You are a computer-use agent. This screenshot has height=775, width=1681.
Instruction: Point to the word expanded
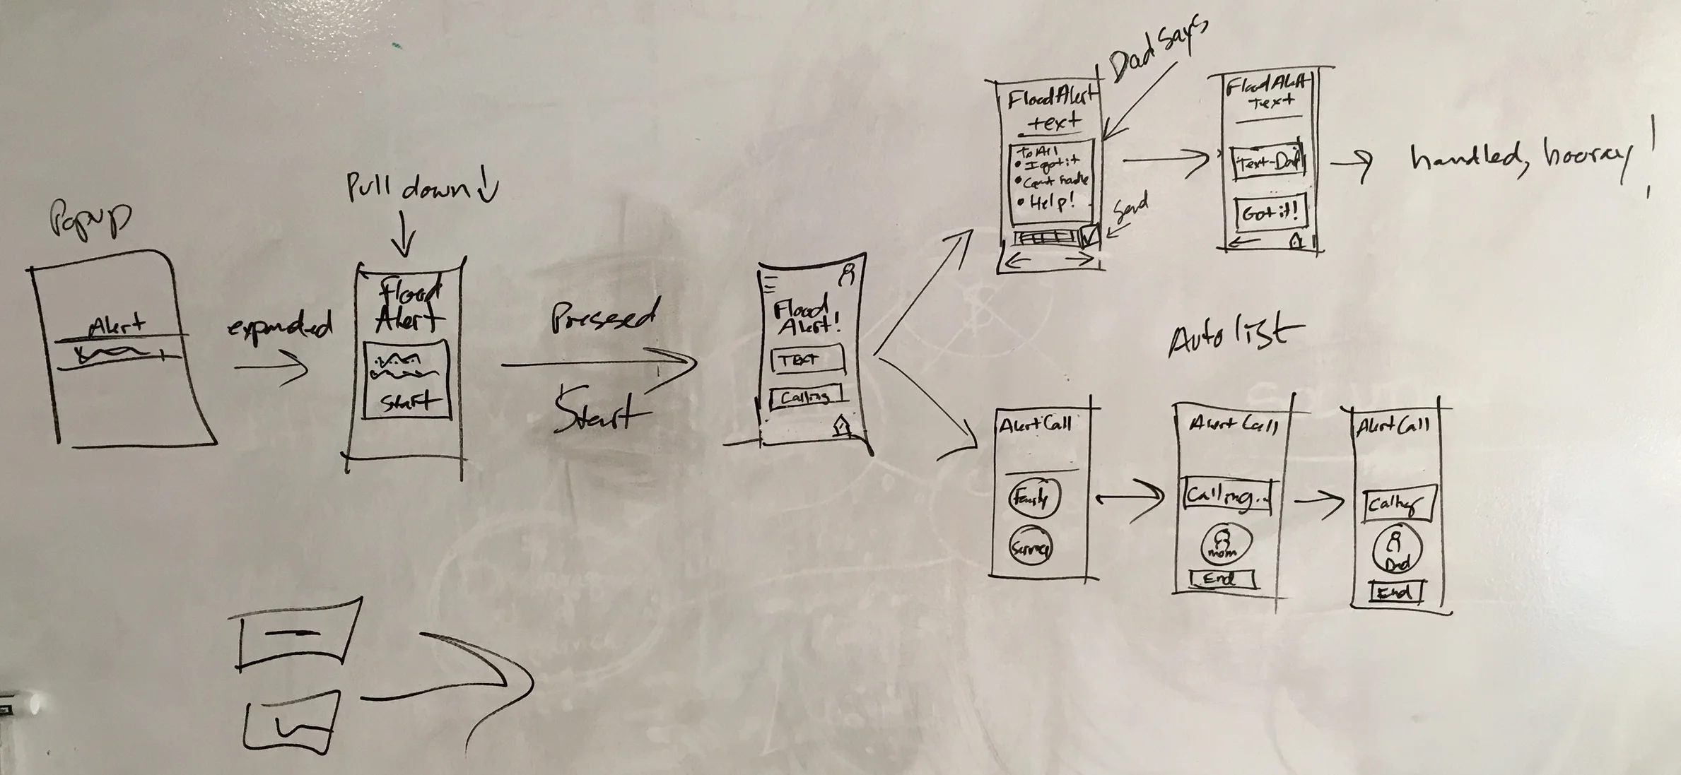(x=280, y=328)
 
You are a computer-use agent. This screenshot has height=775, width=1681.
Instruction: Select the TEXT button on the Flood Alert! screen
(x=806, y=360)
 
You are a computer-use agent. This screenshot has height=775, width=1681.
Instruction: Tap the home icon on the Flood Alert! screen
(x=842, y=427)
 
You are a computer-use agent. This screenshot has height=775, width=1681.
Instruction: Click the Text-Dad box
(x=1267, y=163)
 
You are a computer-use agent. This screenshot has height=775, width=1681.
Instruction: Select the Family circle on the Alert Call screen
(x=1033, y=498)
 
